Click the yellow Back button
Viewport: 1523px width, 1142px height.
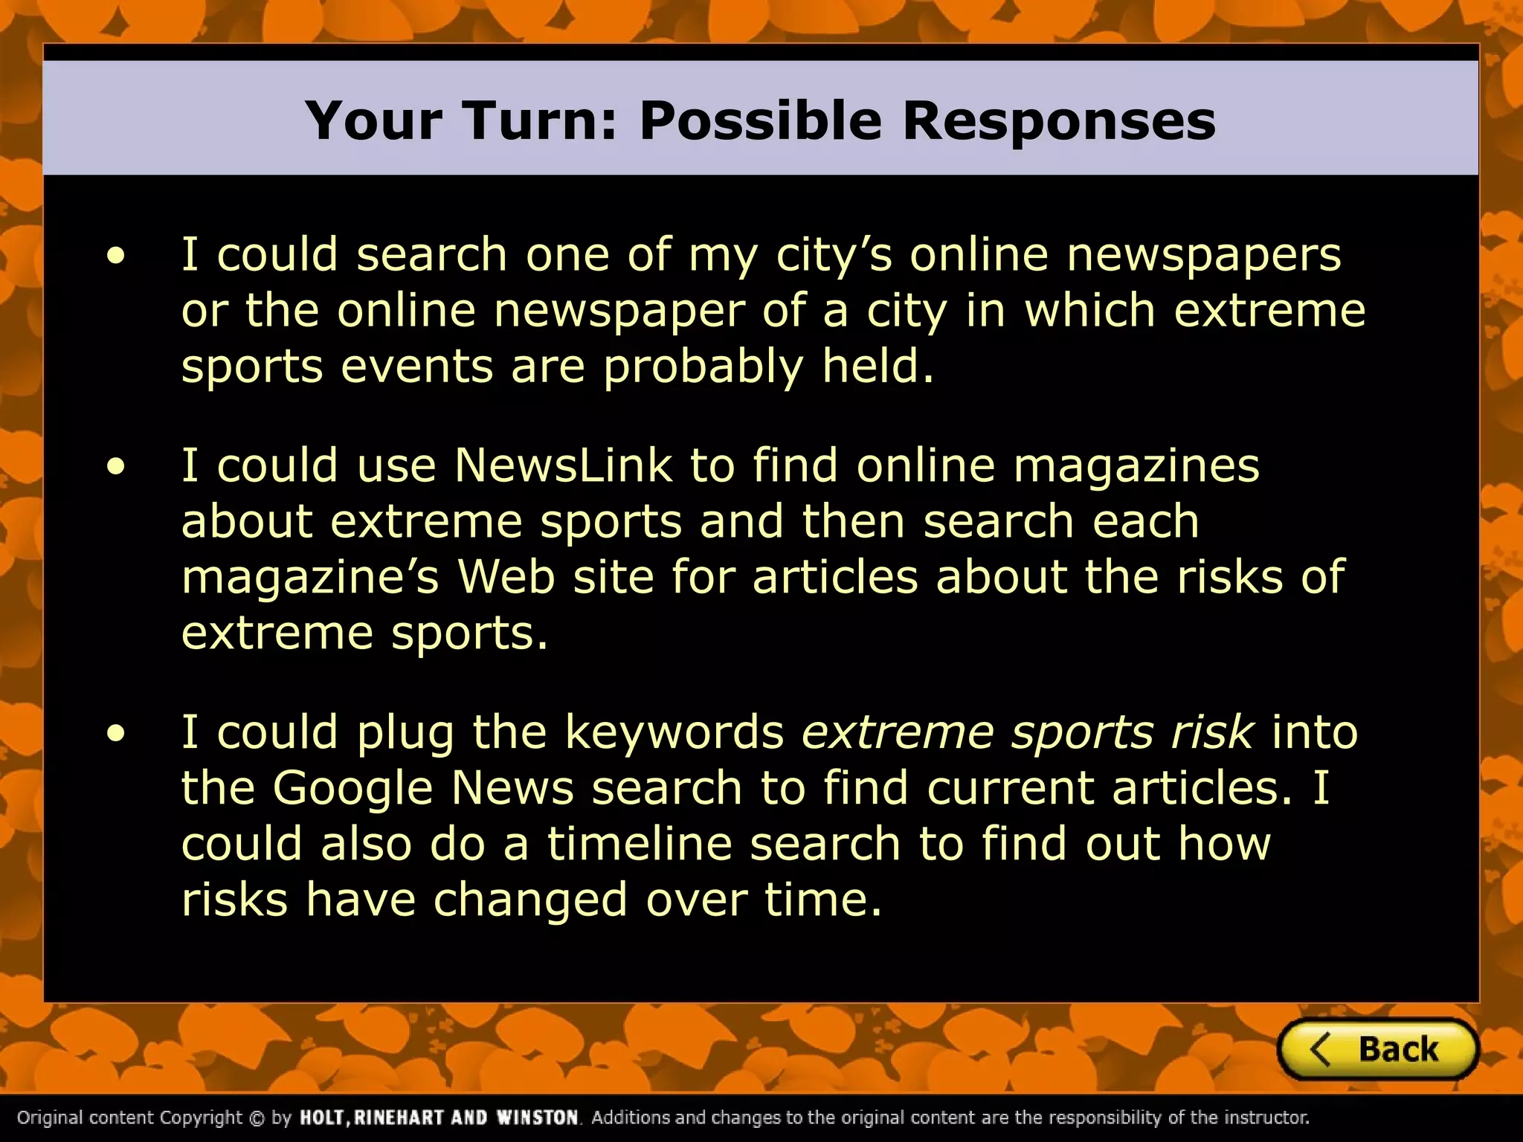1378,1049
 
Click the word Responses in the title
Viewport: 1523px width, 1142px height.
1059,120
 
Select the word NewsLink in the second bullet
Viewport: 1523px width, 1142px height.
563,466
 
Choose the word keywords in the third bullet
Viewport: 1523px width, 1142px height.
674,732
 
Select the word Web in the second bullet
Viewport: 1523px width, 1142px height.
506,578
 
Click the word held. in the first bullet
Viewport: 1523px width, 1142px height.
878,367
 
